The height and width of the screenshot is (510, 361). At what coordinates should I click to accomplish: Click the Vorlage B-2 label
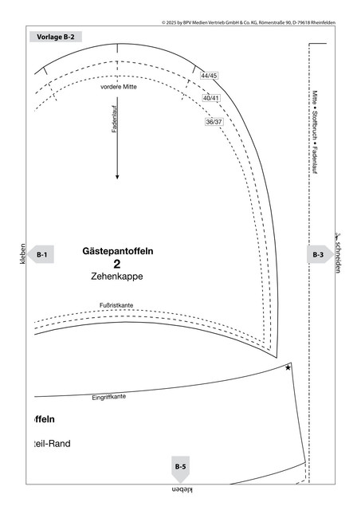pos(56,37)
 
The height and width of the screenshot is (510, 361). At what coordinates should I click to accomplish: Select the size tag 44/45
pos(209,76)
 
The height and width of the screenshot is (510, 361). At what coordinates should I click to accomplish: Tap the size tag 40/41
pos(211,98)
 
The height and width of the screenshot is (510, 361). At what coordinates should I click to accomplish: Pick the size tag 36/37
pos(214,122)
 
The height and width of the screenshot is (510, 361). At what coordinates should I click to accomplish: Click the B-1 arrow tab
pos(41,254)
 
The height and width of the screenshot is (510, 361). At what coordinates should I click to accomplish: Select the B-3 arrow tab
pos(320,254)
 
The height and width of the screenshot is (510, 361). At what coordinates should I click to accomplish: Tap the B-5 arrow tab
pos(180,469)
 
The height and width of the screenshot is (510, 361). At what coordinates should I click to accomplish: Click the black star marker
pos(288,367)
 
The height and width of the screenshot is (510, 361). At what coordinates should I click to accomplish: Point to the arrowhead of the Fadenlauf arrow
pos(117,177)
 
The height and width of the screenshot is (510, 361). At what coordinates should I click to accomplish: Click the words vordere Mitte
pos(119,87)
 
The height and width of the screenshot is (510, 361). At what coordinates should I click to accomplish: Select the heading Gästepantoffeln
pos(118,251)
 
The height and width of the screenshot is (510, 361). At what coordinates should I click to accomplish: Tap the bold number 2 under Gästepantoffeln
pos(117,264)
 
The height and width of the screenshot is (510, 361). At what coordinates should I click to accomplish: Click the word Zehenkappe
pos(117,277)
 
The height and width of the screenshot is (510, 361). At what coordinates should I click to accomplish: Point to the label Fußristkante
pos(116,305)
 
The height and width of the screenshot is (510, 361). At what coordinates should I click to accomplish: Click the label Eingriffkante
pos(108,397)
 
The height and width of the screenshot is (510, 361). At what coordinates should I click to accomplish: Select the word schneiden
pos(338,257)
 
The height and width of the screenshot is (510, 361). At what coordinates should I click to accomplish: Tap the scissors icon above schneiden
pos(338,237)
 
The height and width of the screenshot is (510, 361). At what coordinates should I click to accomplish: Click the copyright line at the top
pos(249,22)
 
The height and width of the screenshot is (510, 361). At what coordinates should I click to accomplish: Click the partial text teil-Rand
pos(52,444)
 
